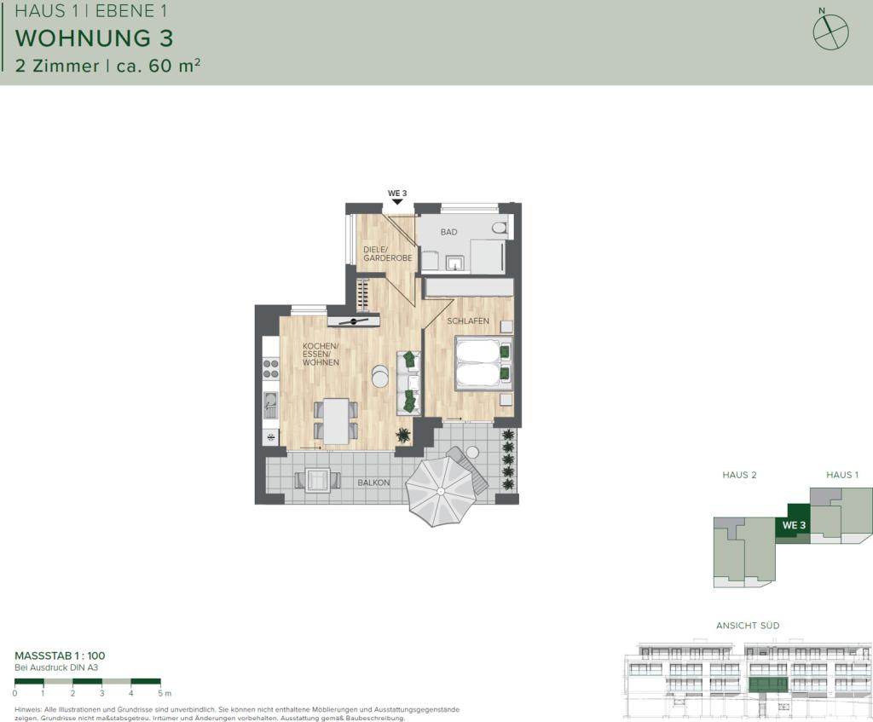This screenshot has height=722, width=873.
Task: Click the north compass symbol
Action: pyautogui.click(x=830, y=32)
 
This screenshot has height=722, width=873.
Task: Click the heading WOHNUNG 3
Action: pyautogui.click(x=95, y=38)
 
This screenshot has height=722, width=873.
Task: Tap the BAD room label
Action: pyautogui.click(x=448, y=232)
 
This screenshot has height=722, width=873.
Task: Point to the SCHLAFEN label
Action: pyautogui.click(x=468, y=321)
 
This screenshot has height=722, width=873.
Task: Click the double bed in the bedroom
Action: pyautogui.click(x=483, y=362)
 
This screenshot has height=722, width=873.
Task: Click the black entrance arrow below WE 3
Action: pyautogui.click(x=396, y=202)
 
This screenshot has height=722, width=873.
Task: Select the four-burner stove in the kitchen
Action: pyautogui.click(x=271, y=367)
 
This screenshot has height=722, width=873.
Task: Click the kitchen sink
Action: pyautogui.click(x=271, y=404)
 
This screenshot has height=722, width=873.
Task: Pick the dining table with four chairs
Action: pyautogui.click(x=335, y=420)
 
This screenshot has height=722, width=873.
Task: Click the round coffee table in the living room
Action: pyautogui.click(x=379, y=374)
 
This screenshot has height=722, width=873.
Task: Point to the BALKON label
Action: pyautogui.click(x=373, y=483)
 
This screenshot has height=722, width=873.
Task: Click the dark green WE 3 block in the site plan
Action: pyautogui.click(x=793, y=523)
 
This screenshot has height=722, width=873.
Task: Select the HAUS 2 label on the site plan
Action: pyautogui.click(x=739, y=475)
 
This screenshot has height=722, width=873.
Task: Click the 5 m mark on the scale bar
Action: pyautogui.click(x=163, y=693)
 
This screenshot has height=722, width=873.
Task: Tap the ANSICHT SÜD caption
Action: pyautogui.click(x=748, y=625)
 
